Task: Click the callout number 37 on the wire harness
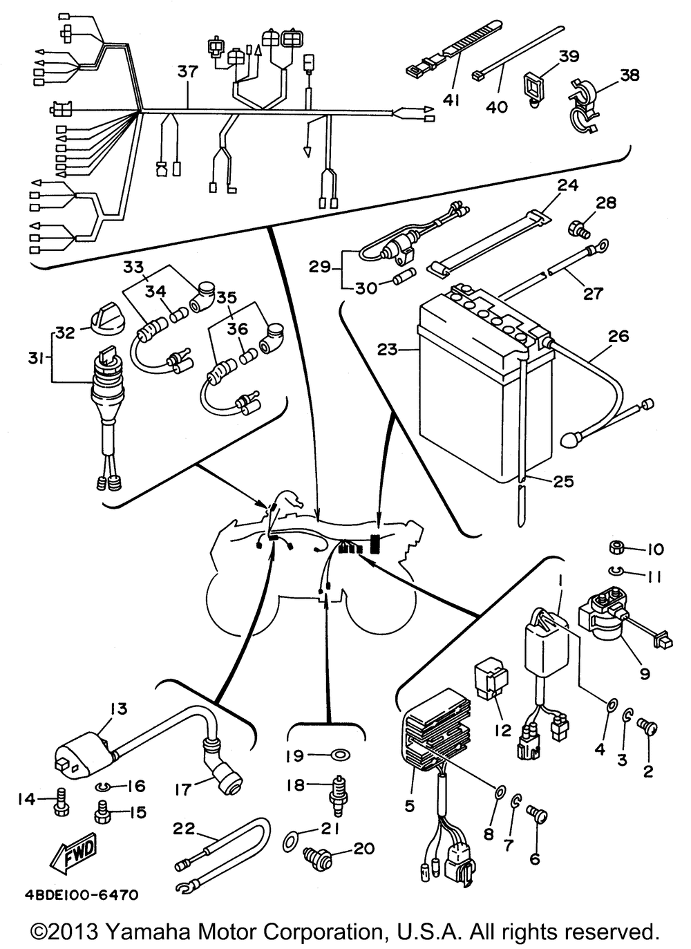click(187, 71)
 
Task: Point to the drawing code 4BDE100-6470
click(74, 895)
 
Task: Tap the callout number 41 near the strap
click(451, 101)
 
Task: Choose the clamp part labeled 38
click(585, 108)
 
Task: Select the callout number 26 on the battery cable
click(618, 337)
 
